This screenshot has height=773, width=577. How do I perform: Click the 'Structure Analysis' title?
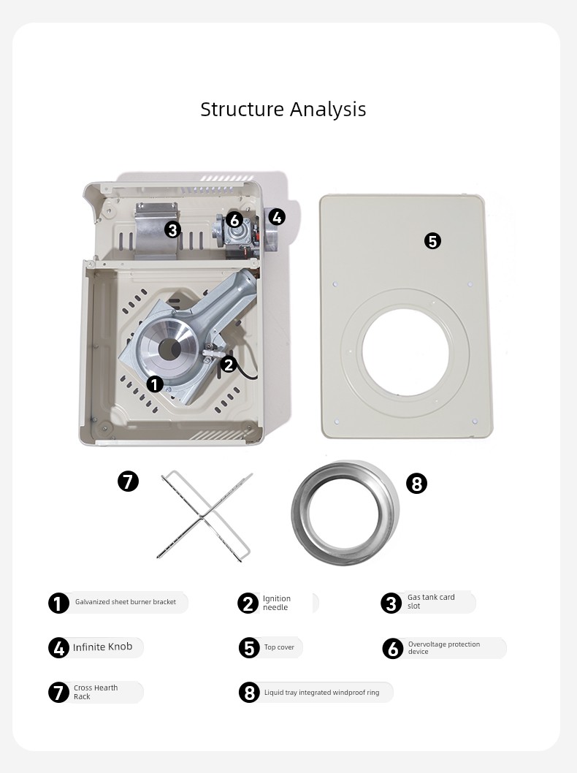pos(283,110)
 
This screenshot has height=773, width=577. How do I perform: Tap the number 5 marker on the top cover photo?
pos(432,241)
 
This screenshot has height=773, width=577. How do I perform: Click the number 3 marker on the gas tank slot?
pos(172,229)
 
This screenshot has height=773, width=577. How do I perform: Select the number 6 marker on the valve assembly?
pos(234,220)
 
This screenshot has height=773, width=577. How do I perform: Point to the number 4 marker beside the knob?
pos(277,217)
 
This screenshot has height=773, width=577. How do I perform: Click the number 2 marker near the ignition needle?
pos(228,365)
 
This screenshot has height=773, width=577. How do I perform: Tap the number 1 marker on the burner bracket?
pos(156,384)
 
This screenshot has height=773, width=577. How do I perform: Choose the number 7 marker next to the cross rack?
pos(128,481)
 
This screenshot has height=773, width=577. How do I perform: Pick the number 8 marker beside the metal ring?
pos(416,484)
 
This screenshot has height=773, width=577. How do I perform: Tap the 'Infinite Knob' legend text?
pos(102,647)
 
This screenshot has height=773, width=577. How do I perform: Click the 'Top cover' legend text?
pos(279,647)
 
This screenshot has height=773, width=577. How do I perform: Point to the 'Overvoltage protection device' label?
pos(443,648)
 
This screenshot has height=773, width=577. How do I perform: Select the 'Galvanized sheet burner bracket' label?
pos(125,602)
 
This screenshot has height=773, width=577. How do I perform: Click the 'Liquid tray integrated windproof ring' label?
pos(322,693)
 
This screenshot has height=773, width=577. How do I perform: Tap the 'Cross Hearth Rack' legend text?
pos(96,692)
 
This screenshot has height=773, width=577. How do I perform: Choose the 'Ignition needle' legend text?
pos(276,603)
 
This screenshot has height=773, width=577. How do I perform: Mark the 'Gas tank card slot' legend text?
pos(431,601)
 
